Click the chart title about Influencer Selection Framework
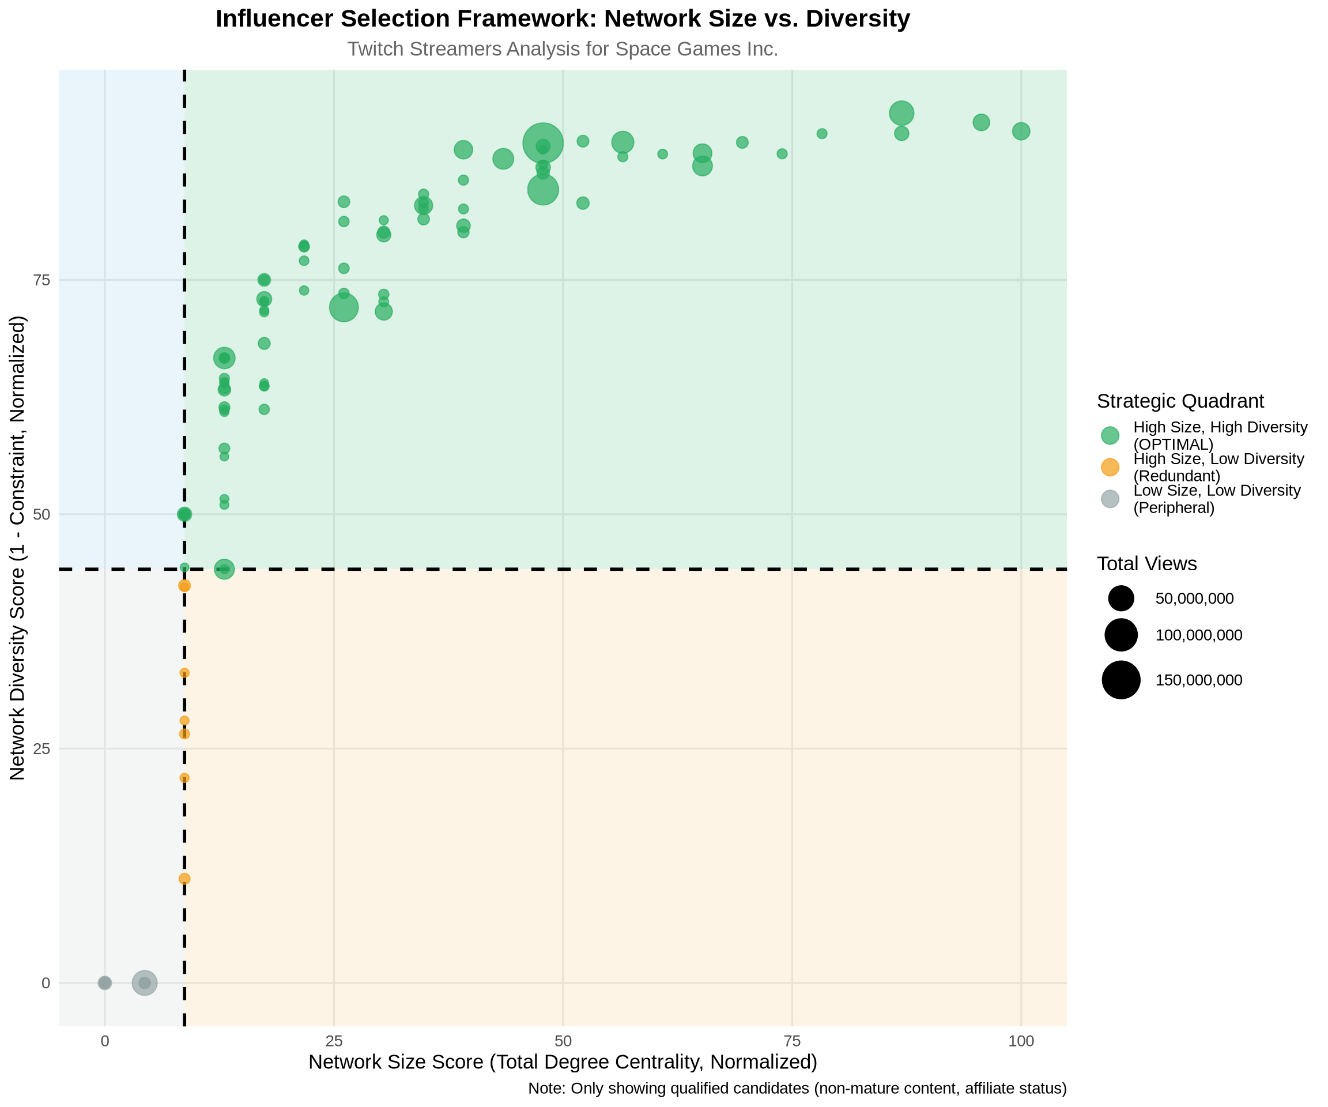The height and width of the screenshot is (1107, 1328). (x=562, y=19)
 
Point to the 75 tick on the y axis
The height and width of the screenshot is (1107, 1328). (x=41, y=280)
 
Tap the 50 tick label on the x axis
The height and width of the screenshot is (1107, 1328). (x=562, y=1041)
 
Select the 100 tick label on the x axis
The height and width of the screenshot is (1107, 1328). (x=1020, y=1041)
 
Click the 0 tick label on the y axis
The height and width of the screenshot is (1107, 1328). (x=46, y=983)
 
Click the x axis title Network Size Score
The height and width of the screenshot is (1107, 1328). (x=562, y=1062)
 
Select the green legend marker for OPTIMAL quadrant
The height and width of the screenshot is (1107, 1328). (x=1110, y=435)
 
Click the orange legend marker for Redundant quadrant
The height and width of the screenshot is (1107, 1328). (x=1110, y=468)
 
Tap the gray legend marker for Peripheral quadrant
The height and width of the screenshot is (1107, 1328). (x=1110, y=499)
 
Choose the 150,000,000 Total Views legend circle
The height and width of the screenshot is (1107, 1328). (x=1120, y=680)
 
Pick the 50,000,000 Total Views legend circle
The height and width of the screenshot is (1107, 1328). (x=1120, y=598)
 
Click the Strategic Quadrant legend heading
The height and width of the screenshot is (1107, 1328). (x=1180, y=401)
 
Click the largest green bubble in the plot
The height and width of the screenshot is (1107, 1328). (x=542, y=144)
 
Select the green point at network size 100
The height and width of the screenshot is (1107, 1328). (x=1021, y=131)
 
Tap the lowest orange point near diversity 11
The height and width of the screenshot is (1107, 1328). (x=184, y=879)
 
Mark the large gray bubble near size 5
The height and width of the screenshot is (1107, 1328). (x=144, y=983)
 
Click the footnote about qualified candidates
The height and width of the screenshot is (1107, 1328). (x=797, y=1089)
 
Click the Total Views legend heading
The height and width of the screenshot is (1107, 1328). (x=1146, y=564)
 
